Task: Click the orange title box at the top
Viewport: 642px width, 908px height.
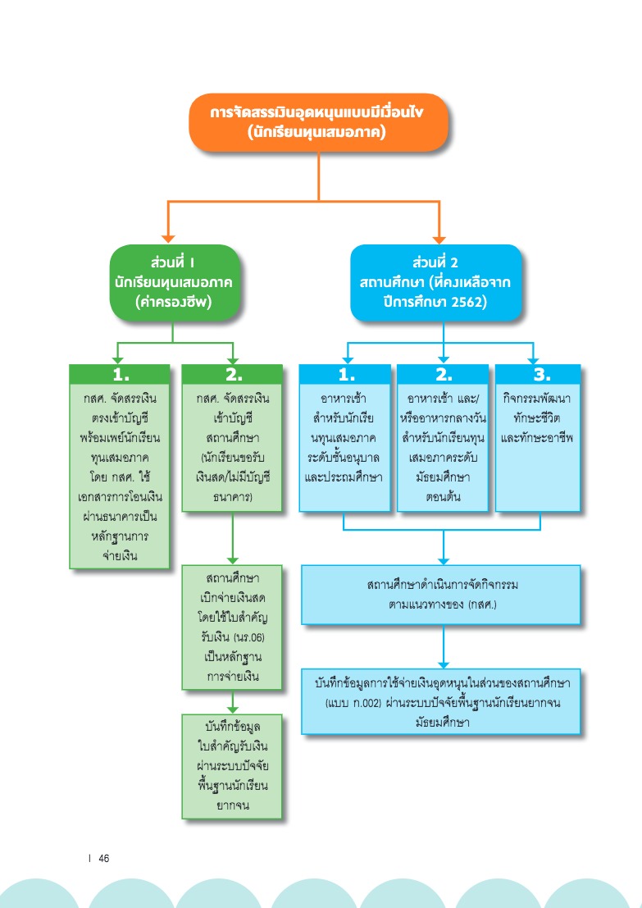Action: pyautogui.click(x=318, y=122)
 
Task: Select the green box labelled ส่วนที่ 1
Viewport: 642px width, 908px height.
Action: pyautogui.click(x=175, y=282)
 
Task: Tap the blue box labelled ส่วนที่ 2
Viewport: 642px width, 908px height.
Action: pyautogui.click(x=436, y=282)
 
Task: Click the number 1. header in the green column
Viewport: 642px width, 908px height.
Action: pyautogui.click(x=120, y=374)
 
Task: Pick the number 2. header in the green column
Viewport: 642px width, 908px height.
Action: pyautogui.click(x=233, y=374)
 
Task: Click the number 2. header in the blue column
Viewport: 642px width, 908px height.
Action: pyautogui.click(x=443, y=374)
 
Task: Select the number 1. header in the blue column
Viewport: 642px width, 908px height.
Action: pyautogui.click(x=345, y=374)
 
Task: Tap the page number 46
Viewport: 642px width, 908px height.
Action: pyautogui.click(x=104, y=858)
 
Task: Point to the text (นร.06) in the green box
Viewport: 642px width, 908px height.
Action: pyautogui.click(x=249, y=637)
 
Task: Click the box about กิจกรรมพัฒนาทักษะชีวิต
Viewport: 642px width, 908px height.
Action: pyautogui.click(x=539, y=438)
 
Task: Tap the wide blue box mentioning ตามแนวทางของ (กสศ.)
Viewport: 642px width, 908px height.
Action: pyautogui.click(x=441, y=595)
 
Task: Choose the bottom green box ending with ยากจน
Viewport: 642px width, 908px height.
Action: pyautogui.click(x=233, y=766)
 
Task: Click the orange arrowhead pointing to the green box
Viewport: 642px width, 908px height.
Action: pyautogui.click(x=168, y=239)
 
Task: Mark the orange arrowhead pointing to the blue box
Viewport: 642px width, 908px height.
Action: pyautogui.click(x=439, y=239)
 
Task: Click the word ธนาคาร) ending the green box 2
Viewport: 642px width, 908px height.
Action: pyautogui.click(x=233, y=496)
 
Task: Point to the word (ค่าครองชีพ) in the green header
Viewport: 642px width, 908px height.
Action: pyautogui.click(x=174, y=303)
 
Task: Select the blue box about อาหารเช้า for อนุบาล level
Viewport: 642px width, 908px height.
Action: pyautogui.click(x=345, y=438)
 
